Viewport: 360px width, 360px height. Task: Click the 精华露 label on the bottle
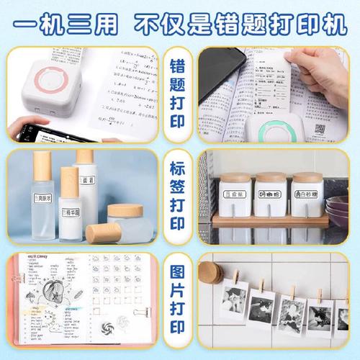click(70, 214)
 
